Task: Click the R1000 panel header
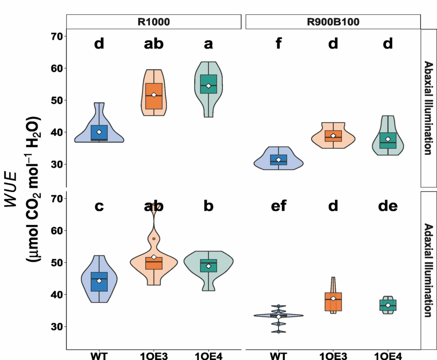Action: coord(154,22)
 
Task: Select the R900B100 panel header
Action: coord(333,22)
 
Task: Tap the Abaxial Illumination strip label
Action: coord(428,108)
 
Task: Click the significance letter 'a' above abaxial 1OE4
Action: coord(208,44)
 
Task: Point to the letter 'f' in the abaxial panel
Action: coord(278,44)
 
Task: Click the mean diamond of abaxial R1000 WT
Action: coord(99,132)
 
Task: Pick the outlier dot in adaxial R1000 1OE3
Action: coord(154,239)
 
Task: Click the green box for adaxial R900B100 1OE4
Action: coord(388,305)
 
